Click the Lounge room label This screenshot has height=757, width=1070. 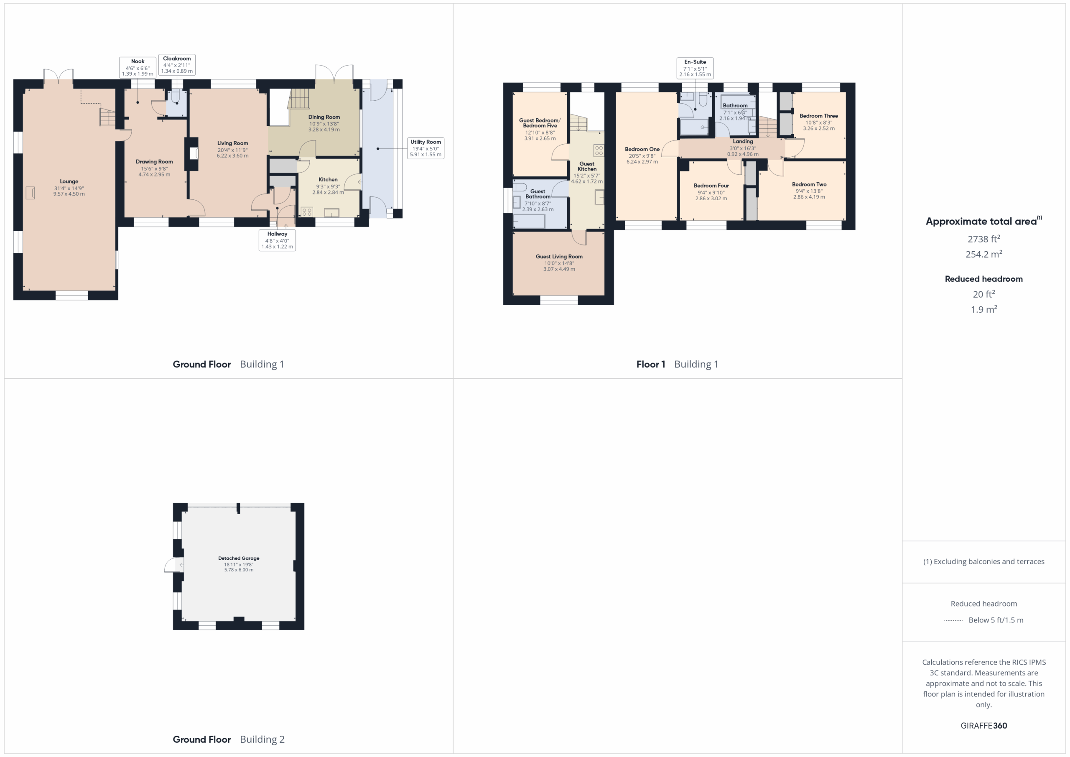[x=69, y=181]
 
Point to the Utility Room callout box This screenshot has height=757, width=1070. [x=425, y=148]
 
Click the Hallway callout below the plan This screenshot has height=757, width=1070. [x=277, y=240]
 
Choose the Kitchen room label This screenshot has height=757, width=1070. [x=328, y=179]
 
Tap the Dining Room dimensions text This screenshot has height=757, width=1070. [x=324, y=127]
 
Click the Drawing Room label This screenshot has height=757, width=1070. [x=154, y=162]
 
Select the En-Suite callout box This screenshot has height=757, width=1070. [x=695, y=68]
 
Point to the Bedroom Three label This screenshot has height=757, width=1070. [x=819, y=116]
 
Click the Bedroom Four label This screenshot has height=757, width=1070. [x=711, y=186]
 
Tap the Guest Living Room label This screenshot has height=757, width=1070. [x=559, y=256]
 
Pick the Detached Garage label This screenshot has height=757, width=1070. [x=239, y=558]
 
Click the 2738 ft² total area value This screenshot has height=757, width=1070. [x=984, y=239]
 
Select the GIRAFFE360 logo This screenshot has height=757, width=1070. [x=984, y=725]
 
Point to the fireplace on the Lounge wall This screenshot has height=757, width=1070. [x=30, y=193]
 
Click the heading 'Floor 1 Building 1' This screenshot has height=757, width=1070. [x=677, y=364]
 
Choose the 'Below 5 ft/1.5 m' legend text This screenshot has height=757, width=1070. [x=996, y=620]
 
